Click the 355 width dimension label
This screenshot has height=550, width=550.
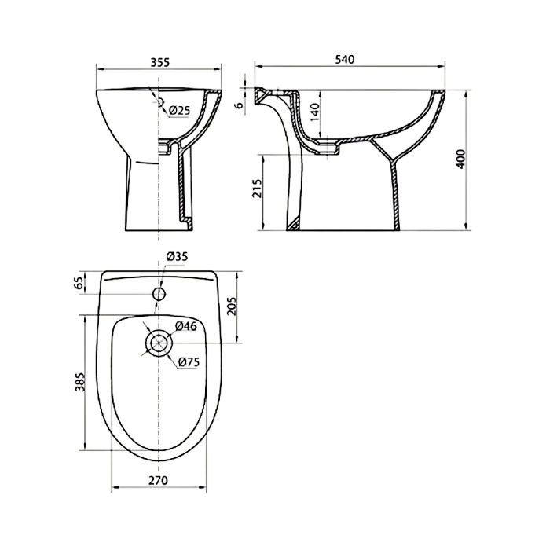(160, 62)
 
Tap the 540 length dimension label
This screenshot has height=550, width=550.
(345, 59)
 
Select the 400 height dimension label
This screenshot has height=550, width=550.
(460, 159)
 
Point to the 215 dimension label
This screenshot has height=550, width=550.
(258, 189)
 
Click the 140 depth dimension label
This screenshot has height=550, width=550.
(315, 112)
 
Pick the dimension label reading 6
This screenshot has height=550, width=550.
(240, 105)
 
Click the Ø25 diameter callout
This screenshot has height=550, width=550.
(179, 111)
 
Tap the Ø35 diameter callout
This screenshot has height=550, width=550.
(177, 256)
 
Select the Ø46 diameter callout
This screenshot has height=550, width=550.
(186, 326)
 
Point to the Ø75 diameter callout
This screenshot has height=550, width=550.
(189, 361)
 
